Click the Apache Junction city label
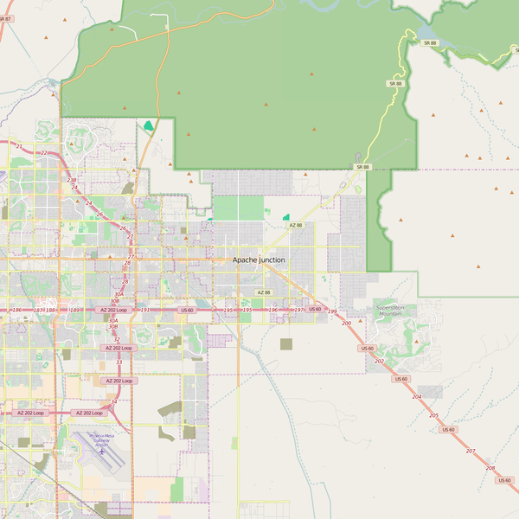pyautogui.click(x=258, y=259)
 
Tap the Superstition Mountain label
pyautogui.click(x=390, y=311)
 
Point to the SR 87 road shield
pyautogui.click(x=5, y=17)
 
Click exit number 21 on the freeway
pyautogui.click(x=19, y=146)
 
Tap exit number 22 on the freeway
pyautogui.click(x=43, y=153)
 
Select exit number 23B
pyautogui.click(x=72, y=180)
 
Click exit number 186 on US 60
pyautogui.click(x=16, y=310)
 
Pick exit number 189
pyautogui.click(x=74, y=310)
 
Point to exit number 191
pyautogui.click(x=145, y=310)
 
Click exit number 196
pyautogui.click(x=272, y=310)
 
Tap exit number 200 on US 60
pyautogui.click(x=347, y=323)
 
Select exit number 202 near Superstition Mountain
pyautogui.click(x=379, y=360)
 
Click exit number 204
pyautogui.click(x=417, y=396)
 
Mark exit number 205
pyautogui.click(x=433, y=415)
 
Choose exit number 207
pyautogui.click(x=471, y=452)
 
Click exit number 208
pyautogui.click(x=490, y=468)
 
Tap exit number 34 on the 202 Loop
pyautogui.click(x=113, y=401)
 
